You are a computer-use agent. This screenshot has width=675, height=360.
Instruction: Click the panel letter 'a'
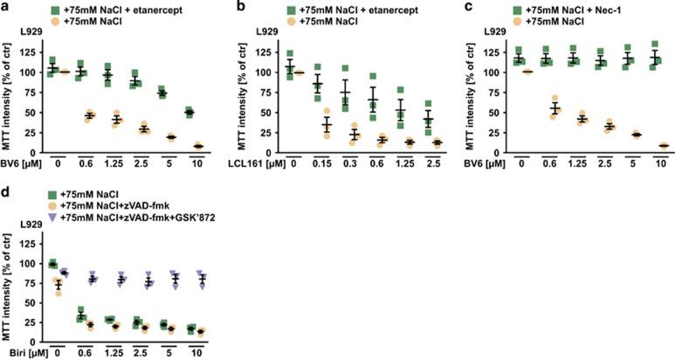coord(5,6)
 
